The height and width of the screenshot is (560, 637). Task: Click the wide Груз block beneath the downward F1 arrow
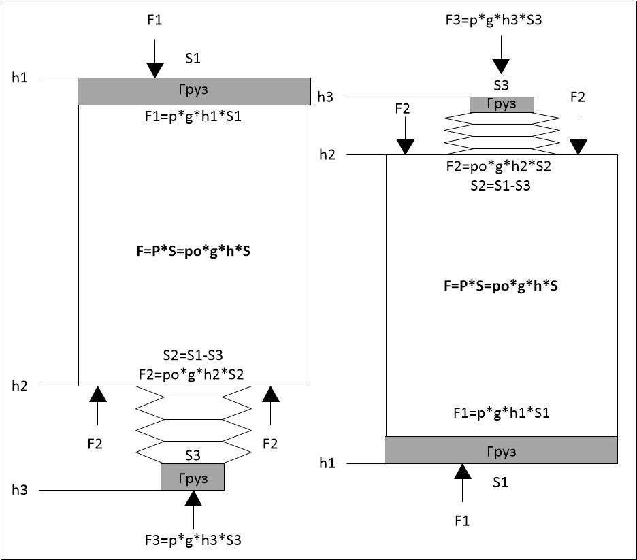[194, 91]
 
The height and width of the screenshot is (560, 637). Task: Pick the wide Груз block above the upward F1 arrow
[501, 450]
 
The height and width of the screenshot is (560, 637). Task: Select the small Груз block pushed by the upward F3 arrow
[193, 477]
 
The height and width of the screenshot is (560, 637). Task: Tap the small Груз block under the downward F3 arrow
[502, 104]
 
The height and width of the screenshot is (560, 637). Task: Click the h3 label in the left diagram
[20, 490]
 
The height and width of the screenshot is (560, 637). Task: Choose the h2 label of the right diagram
[327, 154]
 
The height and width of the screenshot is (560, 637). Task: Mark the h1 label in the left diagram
[20, 78]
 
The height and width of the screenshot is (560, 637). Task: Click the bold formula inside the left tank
[194, 250]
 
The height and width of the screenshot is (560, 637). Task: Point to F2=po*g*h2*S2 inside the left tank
[194, 373]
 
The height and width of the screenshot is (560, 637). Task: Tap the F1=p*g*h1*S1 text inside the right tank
[501, 412]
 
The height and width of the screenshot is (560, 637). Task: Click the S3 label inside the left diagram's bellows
[193, 455]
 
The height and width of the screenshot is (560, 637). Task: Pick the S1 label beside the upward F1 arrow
[500, 482]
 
